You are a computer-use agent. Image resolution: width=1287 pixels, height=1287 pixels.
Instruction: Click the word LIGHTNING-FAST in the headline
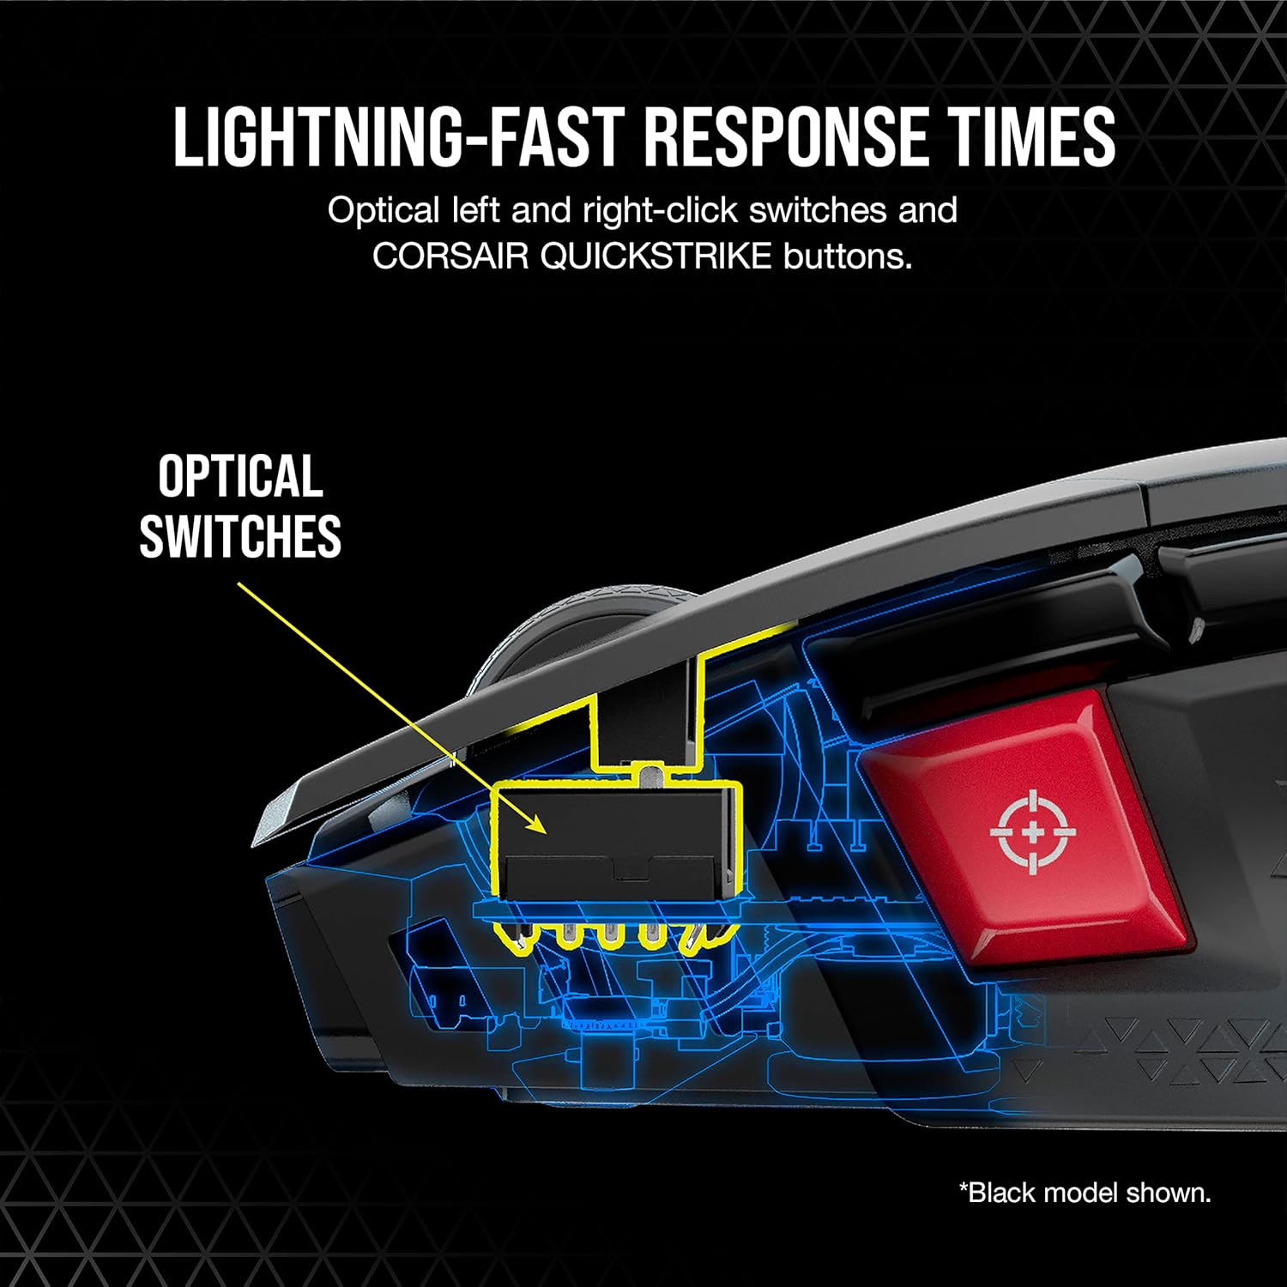[x=396, y=137]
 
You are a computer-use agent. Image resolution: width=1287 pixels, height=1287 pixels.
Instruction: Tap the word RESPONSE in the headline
[x=787, y=137]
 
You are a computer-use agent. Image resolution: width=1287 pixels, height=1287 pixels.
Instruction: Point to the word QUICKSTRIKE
[x=656, y=257]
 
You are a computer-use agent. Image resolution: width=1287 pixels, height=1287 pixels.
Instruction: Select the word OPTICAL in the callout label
[x=240, y=477]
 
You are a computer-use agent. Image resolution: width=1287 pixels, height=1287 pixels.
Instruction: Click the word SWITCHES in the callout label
[x=240, y=536]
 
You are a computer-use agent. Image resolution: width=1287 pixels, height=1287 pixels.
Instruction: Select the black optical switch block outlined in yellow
[x=616, y=842]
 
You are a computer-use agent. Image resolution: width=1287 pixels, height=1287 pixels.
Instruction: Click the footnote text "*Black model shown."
[x=1085, y=1193]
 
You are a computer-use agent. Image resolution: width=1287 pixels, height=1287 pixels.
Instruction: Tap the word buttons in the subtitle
[x=848, y=257]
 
